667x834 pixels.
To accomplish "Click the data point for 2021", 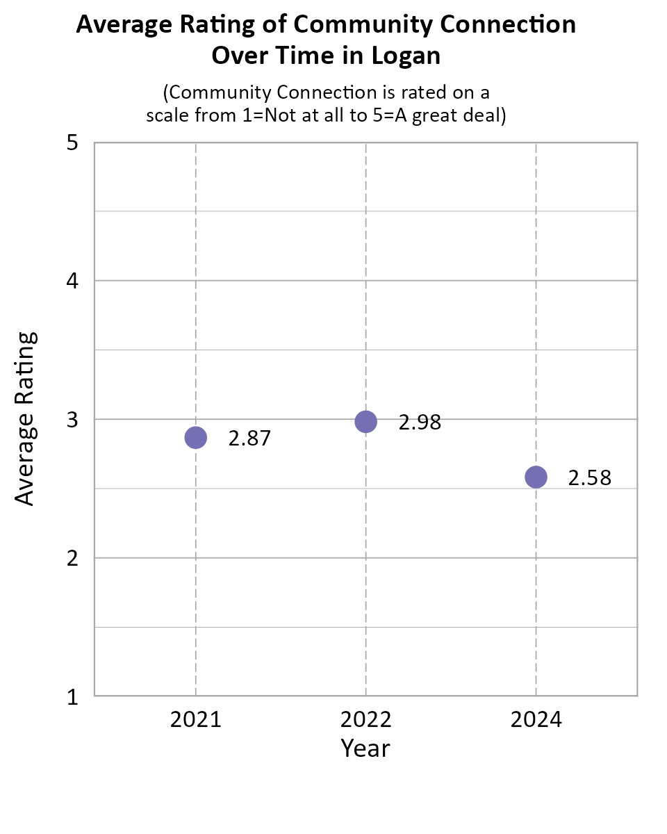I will tap(196, 437).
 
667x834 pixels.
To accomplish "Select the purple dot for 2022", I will tap(365, 421).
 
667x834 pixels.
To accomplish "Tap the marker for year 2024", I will tap(536, 477).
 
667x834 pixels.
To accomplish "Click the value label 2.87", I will tap(249, 439).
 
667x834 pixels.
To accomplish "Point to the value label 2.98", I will tap(420, 423).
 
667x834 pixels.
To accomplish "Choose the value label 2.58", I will tap(590, 478).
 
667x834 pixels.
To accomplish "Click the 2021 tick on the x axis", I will tap(196, 719).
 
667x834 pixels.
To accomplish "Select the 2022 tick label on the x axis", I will tap(365, 719).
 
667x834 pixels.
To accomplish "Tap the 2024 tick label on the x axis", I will tap(536, 719).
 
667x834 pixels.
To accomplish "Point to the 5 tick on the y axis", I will tap(72, 144).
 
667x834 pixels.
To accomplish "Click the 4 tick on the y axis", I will tap(72, 281).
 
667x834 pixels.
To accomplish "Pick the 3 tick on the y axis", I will tap(72, 420).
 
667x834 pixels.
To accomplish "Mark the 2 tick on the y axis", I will tap(72, 558).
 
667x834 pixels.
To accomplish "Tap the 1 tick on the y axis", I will tap(72, 696).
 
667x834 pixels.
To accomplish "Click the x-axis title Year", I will tap(365, 749).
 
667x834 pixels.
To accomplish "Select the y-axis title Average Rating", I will tap(26, 418).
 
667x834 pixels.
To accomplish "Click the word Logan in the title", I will tap(407, 56).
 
